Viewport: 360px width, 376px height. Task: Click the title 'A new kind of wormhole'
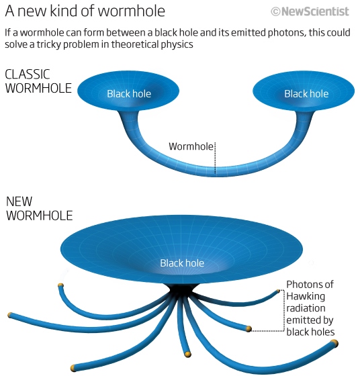coord(85,11)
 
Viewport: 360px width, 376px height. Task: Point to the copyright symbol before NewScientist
coord(275,11)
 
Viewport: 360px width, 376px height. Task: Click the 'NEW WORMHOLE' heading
coord(39,208)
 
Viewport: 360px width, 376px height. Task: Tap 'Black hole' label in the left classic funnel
coord(129,93)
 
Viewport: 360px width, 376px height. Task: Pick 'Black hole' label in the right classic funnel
coord(306,93)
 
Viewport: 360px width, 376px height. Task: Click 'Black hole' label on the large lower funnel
coord(182,263)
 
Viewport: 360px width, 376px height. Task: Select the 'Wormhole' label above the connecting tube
coord(190,146)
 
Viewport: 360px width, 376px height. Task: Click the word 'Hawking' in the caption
coord(306,296)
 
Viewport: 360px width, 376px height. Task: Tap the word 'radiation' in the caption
coord(307,308)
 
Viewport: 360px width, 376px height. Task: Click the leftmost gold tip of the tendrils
coord(10,315)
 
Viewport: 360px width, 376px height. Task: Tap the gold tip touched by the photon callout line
coord(249,329)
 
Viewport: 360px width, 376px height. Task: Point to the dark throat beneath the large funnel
coord(182,290)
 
